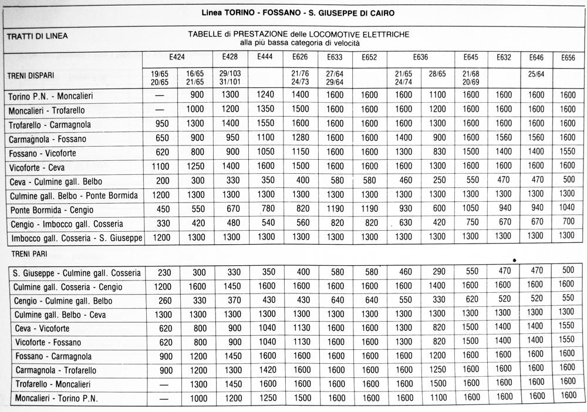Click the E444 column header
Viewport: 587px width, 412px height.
(x=265, y=57)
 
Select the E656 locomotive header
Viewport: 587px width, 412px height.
(x=568, y=58)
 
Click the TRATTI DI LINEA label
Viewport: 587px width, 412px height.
(x=37, y=36)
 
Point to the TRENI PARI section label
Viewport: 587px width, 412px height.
(x=28, y=254)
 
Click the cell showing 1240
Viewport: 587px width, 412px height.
(x=265, y=96)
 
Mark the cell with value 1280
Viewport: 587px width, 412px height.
(x=300, y=139)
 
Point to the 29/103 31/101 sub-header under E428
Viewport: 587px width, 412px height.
(x=230, y=77)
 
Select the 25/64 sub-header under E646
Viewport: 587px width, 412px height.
(x=537, y=73)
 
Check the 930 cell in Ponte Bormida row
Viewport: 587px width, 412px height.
(x=404, y=210)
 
